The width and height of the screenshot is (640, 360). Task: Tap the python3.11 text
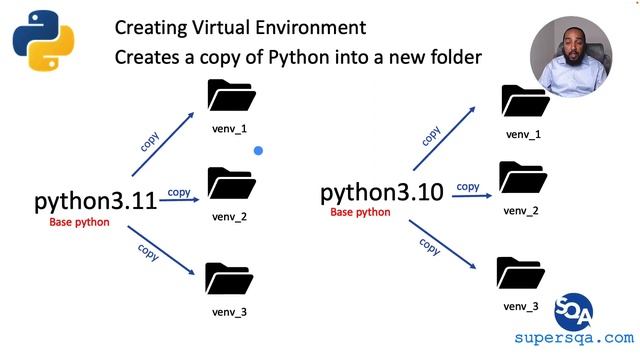(96, 200)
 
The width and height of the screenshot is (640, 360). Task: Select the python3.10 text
(381, 193)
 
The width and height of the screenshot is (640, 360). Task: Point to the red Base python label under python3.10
(360, 212)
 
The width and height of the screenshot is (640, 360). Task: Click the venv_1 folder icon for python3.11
(232, 95)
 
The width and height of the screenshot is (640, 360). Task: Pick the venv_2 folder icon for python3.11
(232, 183)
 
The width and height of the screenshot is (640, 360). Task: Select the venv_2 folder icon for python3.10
(521, 177)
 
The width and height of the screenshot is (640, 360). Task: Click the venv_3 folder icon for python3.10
(521, 272)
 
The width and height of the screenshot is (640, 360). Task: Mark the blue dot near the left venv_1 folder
(258, 151)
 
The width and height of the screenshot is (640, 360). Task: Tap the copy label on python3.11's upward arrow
(150, 139)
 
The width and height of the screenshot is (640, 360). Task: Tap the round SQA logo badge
(573, 310)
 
